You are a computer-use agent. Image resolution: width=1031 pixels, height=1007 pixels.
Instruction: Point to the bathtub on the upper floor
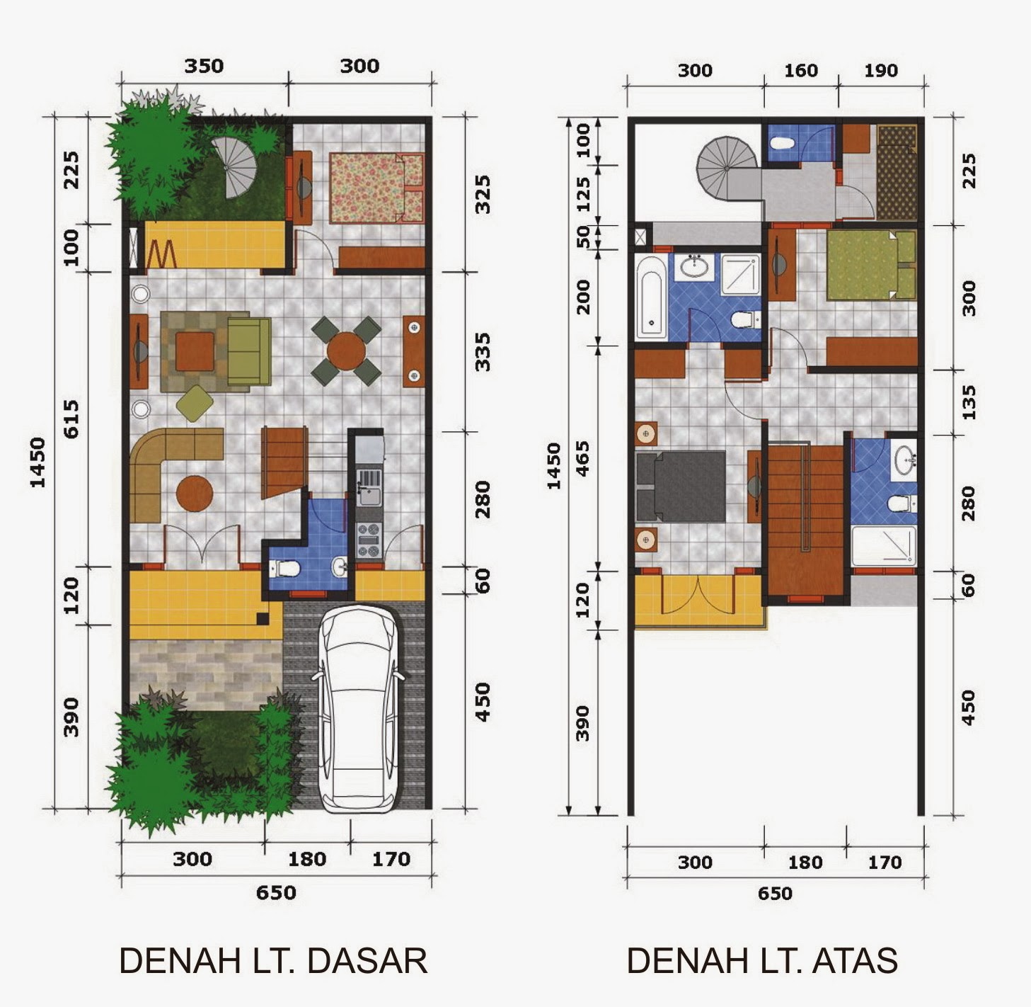650,297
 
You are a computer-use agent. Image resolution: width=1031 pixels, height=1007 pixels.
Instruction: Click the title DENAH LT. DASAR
273,961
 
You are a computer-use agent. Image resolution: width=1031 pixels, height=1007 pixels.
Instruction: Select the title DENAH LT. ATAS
762,961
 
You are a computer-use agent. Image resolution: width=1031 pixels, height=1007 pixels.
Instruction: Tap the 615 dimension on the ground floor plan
71,419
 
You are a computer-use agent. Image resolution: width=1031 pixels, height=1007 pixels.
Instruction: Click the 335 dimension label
483,353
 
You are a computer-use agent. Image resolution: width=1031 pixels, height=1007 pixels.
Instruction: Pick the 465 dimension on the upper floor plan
582,458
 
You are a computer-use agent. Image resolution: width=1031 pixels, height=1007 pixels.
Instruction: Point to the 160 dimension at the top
801,71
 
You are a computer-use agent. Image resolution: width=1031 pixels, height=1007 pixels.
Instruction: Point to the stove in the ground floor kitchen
368,540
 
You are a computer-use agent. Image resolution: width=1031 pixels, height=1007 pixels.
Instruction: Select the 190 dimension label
881,71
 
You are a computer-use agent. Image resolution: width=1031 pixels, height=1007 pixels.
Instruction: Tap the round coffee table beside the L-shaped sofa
194,493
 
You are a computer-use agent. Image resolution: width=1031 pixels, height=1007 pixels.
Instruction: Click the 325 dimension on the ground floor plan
483,194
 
